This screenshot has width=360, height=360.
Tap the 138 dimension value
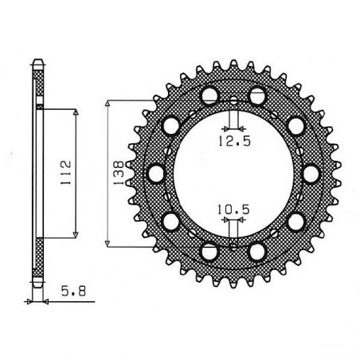click(x=118, y=170)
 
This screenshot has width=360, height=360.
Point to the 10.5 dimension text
click(x=232, y=210)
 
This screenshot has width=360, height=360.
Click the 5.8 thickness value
click(x=69, y=292)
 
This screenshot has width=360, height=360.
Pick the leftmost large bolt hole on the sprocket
click(x=156, y=173)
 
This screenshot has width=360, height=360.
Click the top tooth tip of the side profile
click(x=39, y=60)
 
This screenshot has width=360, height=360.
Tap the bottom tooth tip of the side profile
click(x=39, y=286)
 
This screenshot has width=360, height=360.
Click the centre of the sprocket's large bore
click(x=233, y=173)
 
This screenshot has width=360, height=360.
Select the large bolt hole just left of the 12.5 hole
click(x=209, y=96)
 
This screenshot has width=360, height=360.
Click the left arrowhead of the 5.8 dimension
click(x=33, y=302)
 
